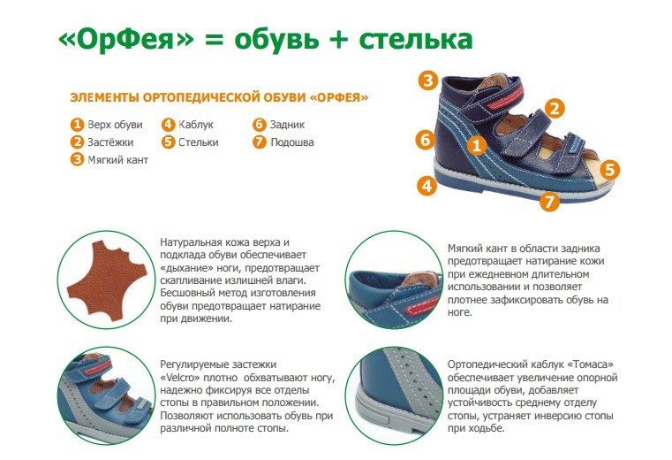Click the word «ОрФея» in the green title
coord(126,40)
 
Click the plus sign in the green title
coord(339,40)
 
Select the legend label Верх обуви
coord(115,125)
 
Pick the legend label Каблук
coord(196,125)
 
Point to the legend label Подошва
coord(292,142)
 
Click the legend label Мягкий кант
coord(117,160)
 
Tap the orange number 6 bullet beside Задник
coord(260,125)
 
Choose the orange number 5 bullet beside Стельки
coord(168,142)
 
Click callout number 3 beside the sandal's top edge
coord(428,80)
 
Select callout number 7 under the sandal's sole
coord(549,201)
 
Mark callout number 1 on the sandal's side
coord(477,146)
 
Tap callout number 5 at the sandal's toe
coord(609,170)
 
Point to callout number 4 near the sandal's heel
coord(427,186)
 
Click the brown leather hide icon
coord(107,280)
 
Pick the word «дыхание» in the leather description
coord(186,268)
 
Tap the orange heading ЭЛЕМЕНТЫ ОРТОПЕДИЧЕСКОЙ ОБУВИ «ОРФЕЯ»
coord(219,97)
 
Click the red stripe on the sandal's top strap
coord(510,98)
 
